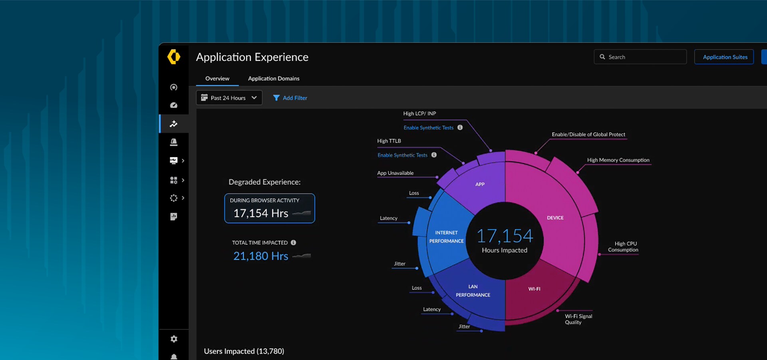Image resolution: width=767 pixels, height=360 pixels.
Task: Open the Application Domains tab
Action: (x=274, y=79)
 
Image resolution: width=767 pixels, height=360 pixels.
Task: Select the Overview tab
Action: (x=217, y=79)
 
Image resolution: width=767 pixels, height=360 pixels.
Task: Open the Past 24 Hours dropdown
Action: (x=229, y=98)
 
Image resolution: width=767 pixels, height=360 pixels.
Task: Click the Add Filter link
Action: (x=290, y=98)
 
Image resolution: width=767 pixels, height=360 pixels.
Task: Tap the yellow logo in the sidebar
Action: (x=174, y=57)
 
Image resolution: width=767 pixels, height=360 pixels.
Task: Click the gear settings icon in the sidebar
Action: (x=174, y=339)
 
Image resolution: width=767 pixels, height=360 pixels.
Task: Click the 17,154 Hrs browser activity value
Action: (x=261, y=213)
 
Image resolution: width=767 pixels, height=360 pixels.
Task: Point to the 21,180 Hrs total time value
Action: (x=261, y=256)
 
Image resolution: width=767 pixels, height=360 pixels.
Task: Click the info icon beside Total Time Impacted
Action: (x=294, y=243)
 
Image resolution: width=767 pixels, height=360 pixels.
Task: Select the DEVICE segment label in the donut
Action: (x=555, y=218)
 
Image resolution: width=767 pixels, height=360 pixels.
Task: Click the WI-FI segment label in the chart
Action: (x=534, y=289)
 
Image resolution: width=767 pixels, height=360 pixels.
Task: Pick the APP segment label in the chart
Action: (x=480, y=184)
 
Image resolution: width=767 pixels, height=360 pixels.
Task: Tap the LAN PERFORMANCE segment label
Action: (x=473, y=291)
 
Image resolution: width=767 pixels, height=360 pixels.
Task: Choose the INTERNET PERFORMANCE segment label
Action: (x=446, y=237)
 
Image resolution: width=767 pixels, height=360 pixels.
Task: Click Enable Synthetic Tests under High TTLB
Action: (x=402, y=155)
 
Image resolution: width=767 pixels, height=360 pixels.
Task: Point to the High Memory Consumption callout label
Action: (x=618, y=160)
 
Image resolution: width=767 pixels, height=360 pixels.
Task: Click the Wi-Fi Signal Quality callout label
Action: (x=578, y=319)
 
